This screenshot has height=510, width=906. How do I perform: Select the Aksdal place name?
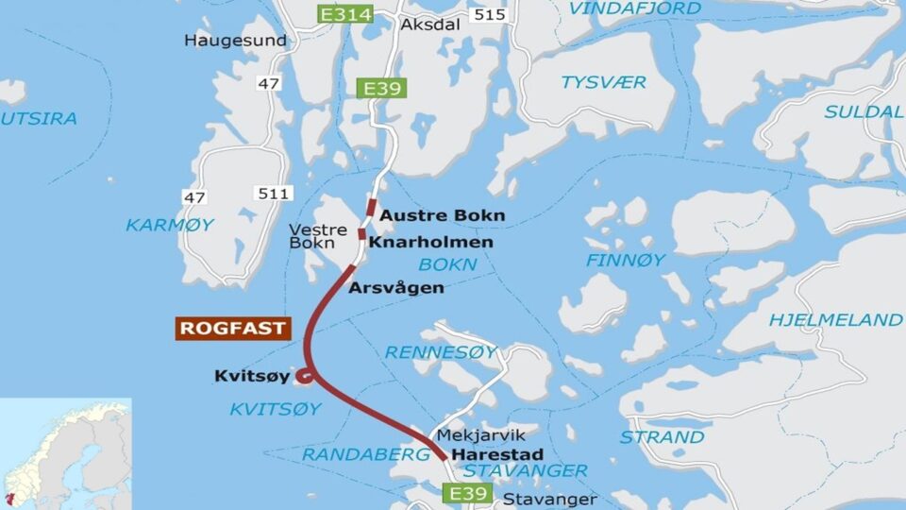430,25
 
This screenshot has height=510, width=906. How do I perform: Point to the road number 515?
490,14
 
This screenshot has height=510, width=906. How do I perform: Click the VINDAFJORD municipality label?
635,8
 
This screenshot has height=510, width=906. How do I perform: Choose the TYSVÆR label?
604,82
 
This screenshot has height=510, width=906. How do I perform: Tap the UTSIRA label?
39,119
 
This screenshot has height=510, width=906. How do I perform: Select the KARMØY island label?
170,225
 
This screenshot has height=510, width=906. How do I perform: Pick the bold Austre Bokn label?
442,215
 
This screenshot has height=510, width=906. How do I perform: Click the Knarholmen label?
430,243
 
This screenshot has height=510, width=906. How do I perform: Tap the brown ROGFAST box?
231,329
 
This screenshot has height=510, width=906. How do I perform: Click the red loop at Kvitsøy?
305,379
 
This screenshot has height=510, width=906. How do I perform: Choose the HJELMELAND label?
835,319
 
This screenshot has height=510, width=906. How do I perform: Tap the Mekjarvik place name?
472,436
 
